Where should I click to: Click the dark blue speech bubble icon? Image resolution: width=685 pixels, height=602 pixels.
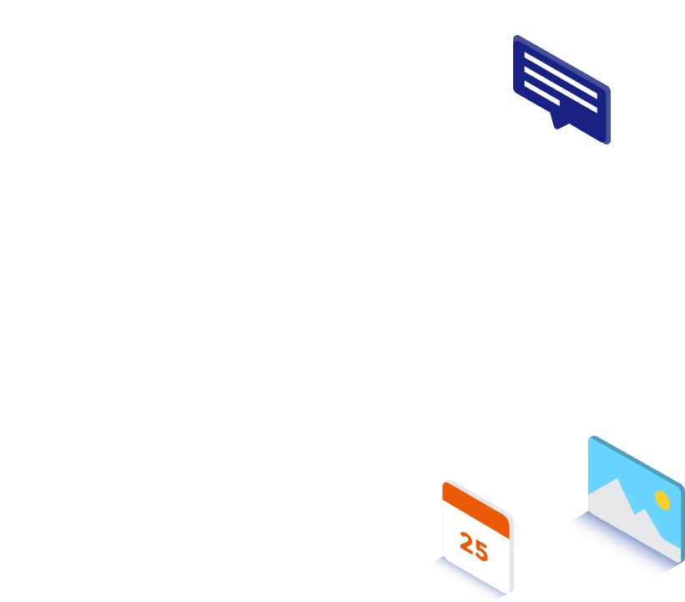click(562, 89)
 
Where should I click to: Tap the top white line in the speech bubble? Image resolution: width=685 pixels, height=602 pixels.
click(561, 75)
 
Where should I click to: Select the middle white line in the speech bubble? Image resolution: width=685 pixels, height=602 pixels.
click(561, 89)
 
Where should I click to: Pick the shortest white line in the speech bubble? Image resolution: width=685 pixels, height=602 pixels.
click(541, 94)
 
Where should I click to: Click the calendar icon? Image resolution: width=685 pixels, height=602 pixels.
click(477, 537)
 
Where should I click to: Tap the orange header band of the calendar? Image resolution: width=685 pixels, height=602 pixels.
click(476, 510)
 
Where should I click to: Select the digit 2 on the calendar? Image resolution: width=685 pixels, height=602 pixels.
click(466, 544)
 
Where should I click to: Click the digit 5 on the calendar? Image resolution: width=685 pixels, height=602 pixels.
click(481, 551)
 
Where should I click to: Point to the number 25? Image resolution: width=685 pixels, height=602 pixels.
click(474, 547)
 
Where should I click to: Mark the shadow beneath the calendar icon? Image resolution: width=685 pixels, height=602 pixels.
click(470, 578)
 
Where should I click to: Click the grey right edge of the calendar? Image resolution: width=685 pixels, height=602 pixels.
click(511, 555)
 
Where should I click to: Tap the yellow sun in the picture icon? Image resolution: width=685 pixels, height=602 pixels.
click(662, 500)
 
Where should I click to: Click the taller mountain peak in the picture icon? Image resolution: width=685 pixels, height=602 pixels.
click(617, 478)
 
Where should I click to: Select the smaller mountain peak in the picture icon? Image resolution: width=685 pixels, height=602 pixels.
click(644, 508)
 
